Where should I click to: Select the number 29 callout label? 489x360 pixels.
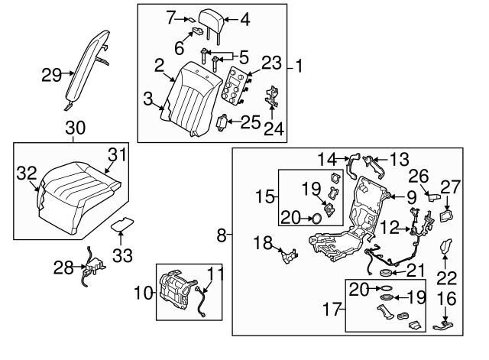51,74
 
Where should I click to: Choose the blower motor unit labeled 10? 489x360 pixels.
180,290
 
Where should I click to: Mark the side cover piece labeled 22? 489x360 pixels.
449,251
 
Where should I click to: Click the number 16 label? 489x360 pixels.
449,297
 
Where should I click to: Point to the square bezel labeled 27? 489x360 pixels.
446,216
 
